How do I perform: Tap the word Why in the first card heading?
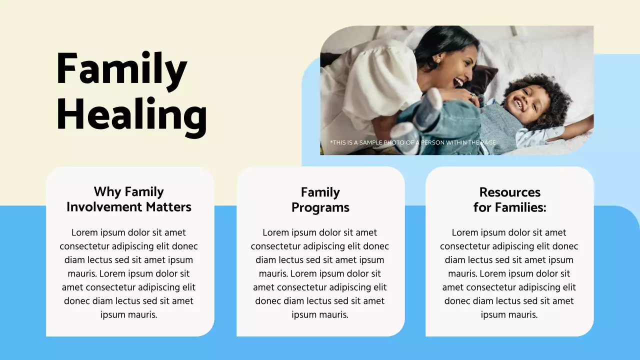(107, 192)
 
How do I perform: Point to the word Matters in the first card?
(168, 207)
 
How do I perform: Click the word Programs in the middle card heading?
(320, 208)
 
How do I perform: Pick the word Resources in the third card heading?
(510, 192)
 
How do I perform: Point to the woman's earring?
(437, 61)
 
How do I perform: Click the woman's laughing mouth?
(458, 82)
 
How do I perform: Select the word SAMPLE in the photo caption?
(371, 142)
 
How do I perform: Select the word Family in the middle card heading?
(320, 192)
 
